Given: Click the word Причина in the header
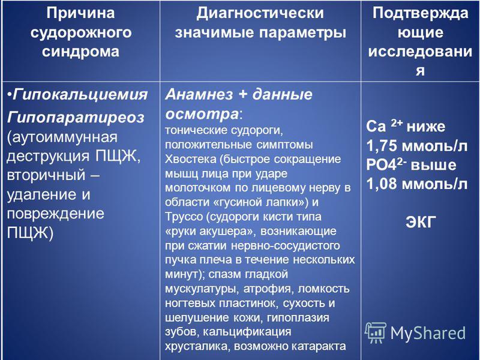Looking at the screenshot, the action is tap(81, 13).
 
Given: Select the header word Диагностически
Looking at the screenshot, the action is tap(260, 13).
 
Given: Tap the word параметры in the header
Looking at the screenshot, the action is tap(302, 32).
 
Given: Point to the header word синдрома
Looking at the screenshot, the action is tap(81, 51).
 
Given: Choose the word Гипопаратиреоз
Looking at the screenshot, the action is tap(76, 117).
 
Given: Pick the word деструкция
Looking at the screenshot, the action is tap(48, 156).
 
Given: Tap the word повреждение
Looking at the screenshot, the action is tap(55, 214).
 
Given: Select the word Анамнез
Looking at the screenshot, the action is tap(199, 94).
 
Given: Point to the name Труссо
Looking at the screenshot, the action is tap(184, 217).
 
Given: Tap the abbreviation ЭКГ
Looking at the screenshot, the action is tap(421, 222).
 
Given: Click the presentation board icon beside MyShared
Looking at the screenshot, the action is tap(376, 333).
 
